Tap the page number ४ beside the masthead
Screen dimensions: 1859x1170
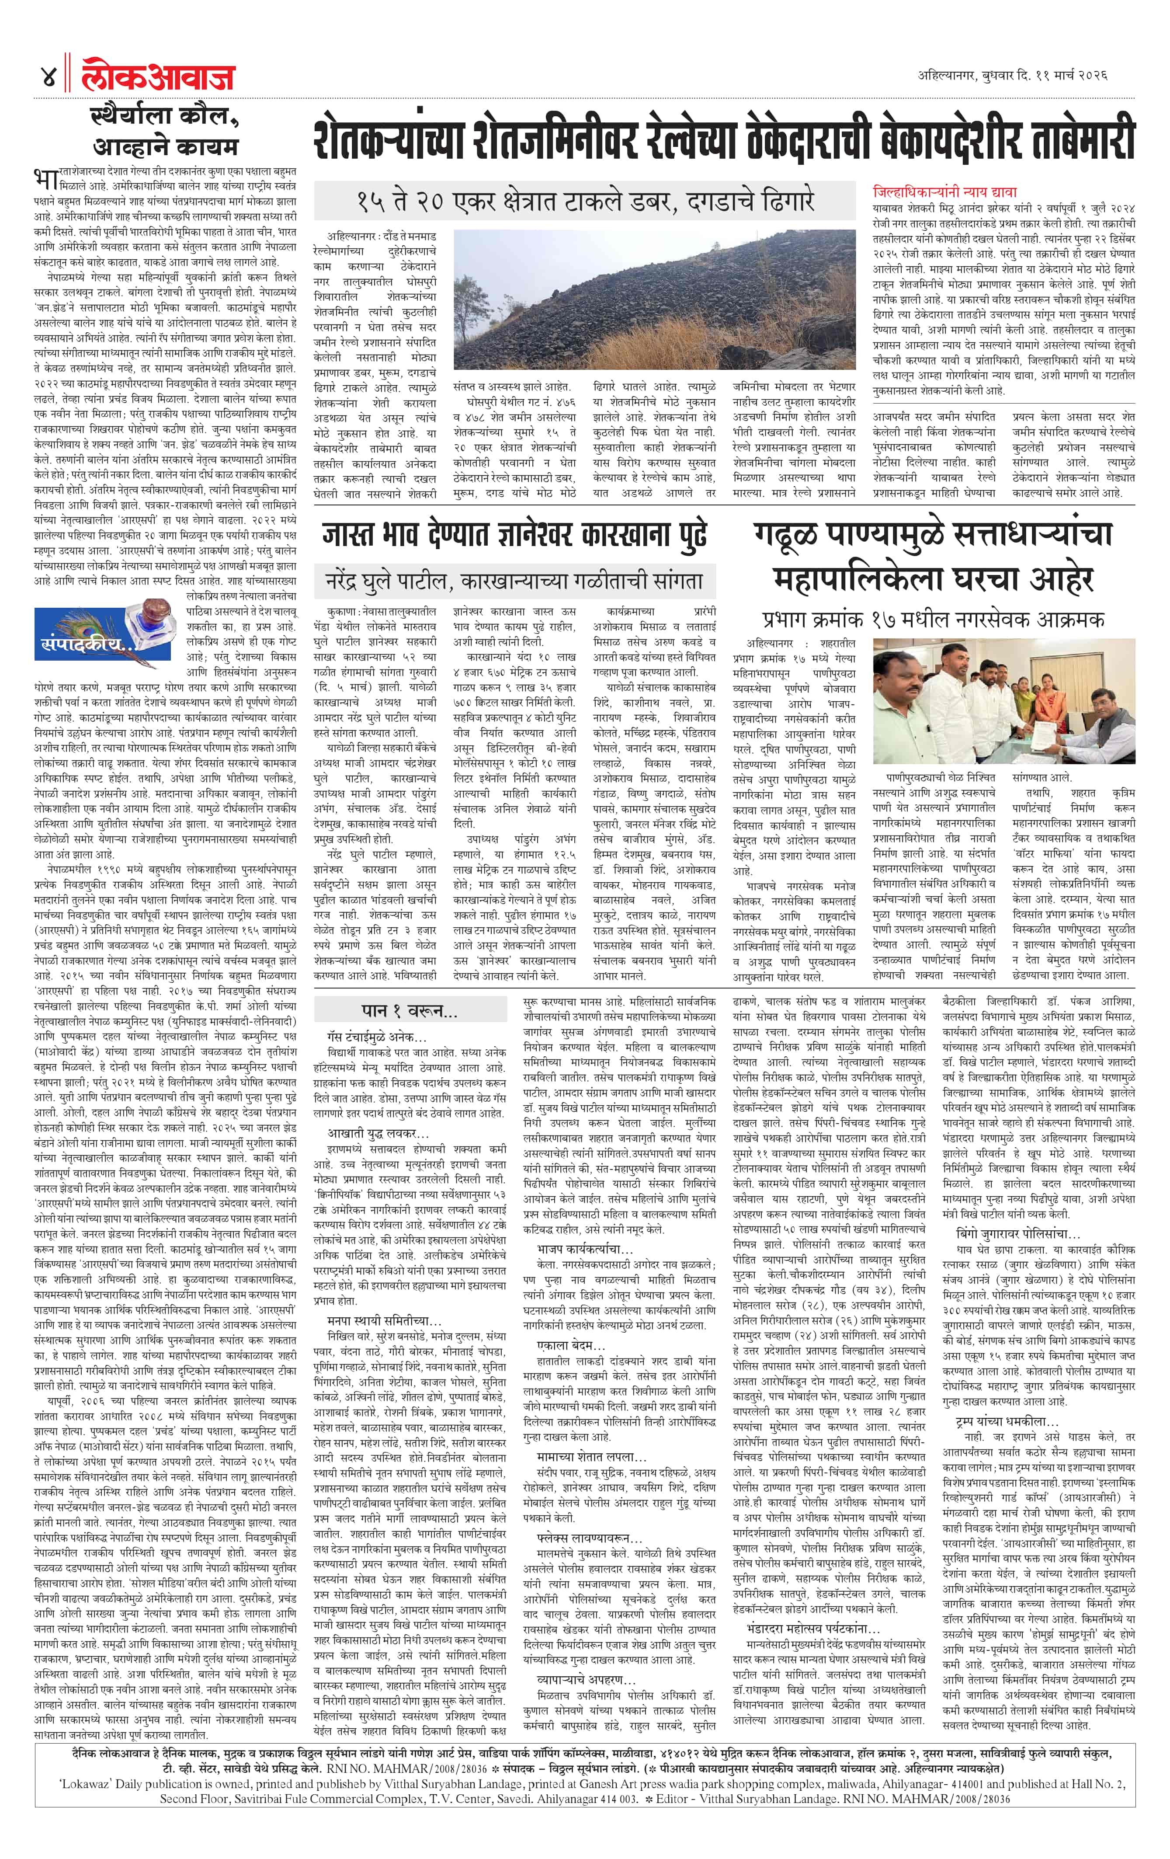tap(48, 77)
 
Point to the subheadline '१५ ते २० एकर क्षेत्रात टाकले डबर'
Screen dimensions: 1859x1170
tap(584, 202)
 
